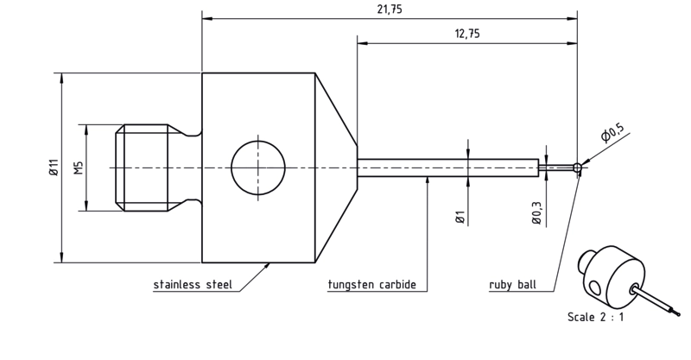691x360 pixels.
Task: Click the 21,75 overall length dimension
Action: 390,9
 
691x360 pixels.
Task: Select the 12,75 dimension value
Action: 467,34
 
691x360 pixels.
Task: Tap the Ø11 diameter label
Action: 54,167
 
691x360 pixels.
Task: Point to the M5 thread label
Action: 79,167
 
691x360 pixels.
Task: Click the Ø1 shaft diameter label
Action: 460,218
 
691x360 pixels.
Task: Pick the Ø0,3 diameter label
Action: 536,212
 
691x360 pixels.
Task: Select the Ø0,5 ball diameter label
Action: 612,133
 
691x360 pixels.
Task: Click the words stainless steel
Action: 193,285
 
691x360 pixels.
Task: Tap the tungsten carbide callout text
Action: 372,285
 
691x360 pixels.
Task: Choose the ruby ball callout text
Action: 512,285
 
